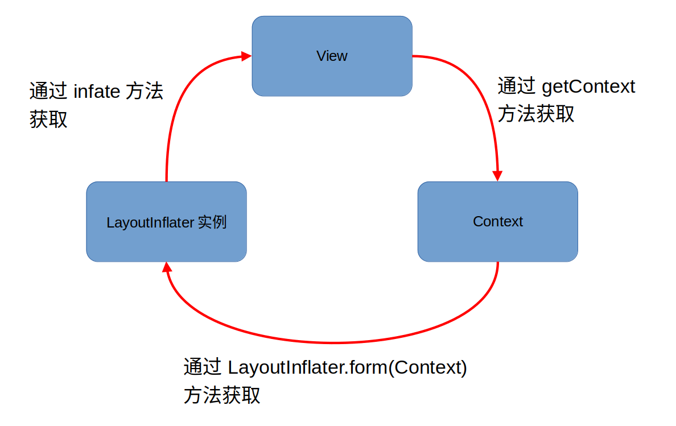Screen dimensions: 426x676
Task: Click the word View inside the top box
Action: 332,56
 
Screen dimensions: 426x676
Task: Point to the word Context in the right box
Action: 497,221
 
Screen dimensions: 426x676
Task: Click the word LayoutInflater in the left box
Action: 150,222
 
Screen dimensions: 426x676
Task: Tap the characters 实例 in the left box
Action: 212,222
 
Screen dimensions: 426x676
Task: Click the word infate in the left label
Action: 97,91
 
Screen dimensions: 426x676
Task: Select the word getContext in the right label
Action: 588,86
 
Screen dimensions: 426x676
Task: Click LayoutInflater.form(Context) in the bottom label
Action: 347,367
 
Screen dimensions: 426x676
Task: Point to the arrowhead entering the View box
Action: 246,56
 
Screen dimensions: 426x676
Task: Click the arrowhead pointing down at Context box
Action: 498,175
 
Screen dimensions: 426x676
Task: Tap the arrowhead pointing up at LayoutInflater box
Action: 167,268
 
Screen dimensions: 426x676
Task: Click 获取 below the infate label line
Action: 48,119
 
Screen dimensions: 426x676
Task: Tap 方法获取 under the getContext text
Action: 536,114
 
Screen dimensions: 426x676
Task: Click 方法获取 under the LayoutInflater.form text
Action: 222,395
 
